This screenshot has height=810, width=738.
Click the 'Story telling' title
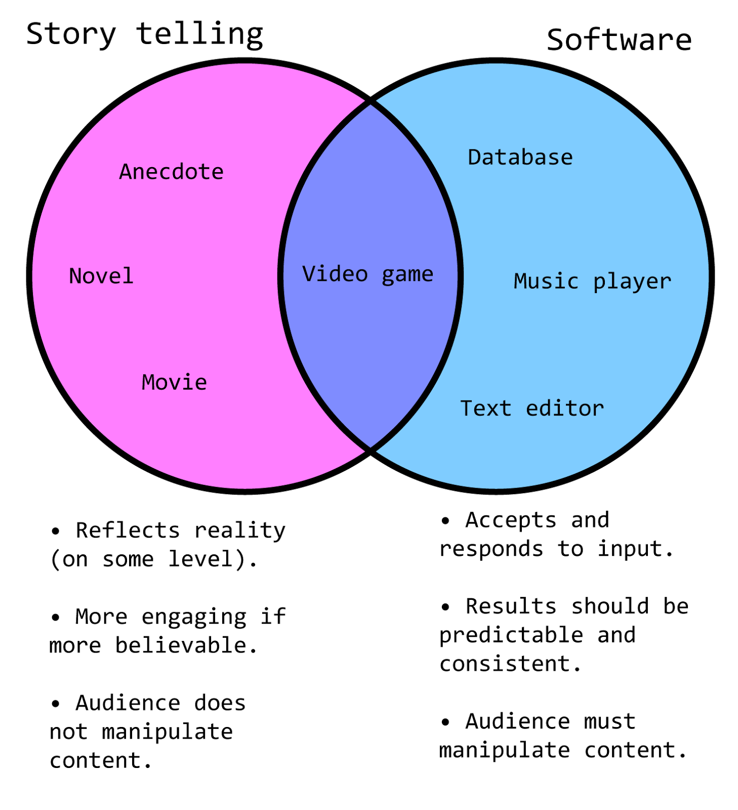point(145,34)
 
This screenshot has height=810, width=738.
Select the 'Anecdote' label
point(172,172)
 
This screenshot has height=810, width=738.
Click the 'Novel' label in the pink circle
point(101,276)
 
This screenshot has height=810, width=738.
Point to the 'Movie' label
point(175,382)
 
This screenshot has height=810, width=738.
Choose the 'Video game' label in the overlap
point(368,274)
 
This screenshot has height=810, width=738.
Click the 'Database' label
point(520,157)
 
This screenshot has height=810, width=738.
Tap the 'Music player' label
point(593,281)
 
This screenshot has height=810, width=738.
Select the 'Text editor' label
point(532,408)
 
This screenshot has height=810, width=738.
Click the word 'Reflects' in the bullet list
point(128,530)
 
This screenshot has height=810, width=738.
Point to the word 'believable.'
point(187,645)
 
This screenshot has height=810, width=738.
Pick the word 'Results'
point(511,606)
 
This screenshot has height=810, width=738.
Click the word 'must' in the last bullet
point(609,721)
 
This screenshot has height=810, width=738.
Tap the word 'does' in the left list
point(220,703)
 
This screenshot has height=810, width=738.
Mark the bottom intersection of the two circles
point(371,449)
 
